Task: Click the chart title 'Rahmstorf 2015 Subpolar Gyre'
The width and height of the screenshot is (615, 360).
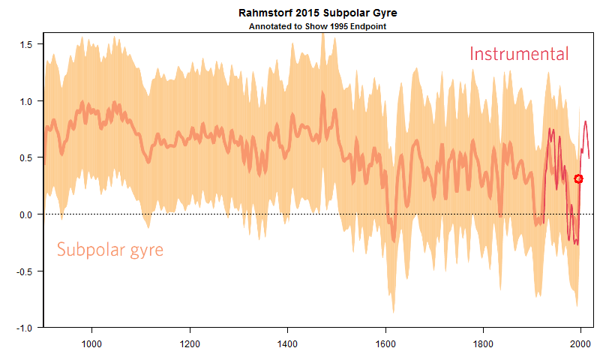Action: [317, 13]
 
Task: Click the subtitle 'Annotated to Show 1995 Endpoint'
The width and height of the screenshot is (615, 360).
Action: [317, 25]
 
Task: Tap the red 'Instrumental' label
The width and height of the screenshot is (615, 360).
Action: [519, 54]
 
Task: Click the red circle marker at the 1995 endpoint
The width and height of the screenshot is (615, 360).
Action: [578, 178]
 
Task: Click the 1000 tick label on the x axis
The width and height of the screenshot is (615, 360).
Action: [91, 344]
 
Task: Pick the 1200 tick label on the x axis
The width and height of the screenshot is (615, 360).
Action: [190, 344]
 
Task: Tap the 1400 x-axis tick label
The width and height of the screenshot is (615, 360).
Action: [287, 344]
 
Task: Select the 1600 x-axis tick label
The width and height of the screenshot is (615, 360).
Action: [385, 344]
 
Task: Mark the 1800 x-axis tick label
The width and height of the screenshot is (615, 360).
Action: [483, 344]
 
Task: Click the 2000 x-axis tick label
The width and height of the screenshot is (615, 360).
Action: [580, 344]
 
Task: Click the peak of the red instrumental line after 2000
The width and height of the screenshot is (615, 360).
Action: [585, 121]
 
